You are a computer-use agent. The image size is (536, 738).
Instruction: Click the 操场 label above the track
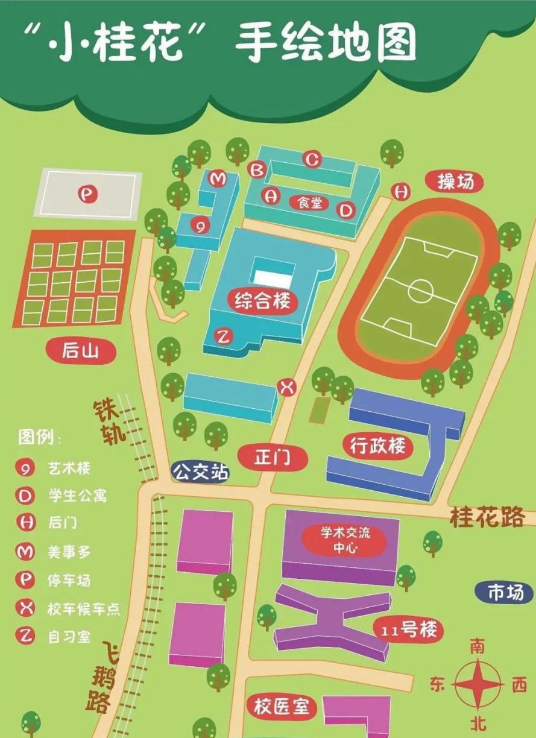(x=455, y=181)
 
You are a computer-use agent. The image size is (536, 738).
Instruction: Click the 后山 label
(x=80, y=350)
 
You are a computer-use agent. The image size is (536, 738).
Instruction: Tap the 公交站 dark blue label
(x=201, y=471)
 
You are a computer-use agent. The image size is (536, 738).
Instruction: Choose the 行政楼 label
(x=377, y=447)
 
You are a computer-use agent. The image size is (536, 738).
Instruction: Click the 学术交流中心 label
(x=345, y=540)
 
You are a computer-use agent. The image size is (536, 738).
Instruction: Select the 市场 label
(x=505, y=593)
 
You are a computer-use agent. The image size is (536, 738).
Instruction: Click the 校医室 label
(x=282, y=707)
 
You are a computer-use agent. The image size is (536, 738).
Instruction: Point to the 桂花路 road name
(x=487, y=518)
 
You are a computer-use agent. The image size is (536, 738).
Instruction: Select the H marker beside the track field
(x=400, y=191)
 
